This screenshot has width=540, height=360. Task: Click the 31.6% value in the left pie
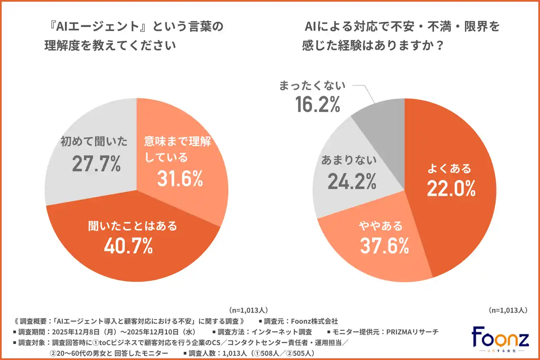[x=180, y=179]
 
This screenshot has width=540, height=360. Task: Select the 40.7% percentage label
[x=128, y=246]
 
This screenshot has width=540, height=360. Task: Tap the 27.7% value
[x=96, y=164]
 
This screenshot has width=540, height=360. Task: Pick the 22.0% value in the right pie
[x=451, y=189]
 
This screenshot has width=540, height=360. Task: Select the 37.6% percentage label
[x=384, y=246]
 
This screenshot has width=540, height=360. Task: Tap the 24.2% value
[x=352, y=181]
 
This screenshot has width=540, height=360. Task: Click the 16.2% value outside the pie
[x=318, y=104]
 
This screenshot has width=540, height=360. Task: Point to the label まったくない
[x=312, y=85]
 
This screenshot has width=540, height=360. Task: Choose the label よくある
[x=449, y=169]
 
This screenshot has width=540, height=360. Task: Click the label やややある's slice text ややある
[x=381, y=226]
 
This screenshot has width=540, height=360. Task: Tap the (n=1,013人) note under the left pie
[x=248, y=310]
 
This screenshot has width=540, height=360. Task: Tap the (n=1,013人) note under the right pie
[x=508, y=310]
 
